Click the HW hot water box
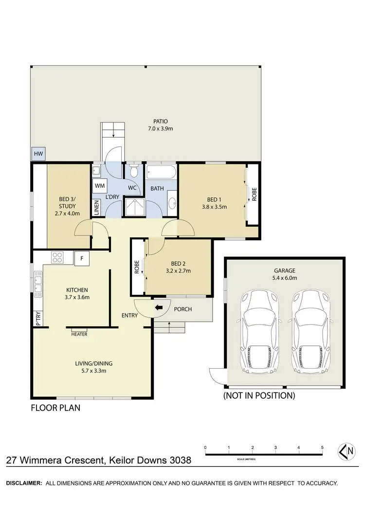[x=38, y=154]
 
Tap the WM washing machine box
[x=100, y=186]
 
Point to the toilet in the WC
[x=133, y=172]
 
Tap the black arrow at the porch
[x=159, y=308]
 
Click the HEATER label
[x=79, y=335]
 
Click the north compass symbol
[x=347, y=452]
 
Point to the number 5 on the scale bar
[x=322, y=447]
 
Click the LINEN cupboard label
[x=96, y=208]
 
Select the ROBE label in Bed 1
[x=254, y=195]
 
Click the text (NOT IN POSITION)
[x=259, y=395]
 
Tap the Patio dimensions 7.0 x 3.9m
[x=160, y=129]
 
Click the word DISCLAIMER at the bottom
[x=23, y=483]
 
